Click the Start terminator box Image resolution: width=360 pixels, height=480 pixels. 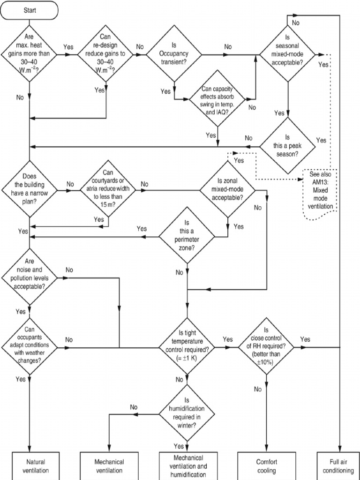[29, 10]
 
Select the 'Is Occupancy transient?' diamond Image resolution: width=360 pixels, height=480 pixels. [174, 54]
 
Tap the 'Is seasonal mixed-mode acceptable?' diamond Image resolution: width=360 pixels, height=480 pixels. [288, 54]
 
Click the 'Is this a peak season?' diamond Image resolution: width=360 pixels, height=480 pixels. [288, 146]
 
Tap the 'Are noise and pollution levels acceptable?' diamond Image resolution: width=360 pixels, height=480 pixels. [29, 277]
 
